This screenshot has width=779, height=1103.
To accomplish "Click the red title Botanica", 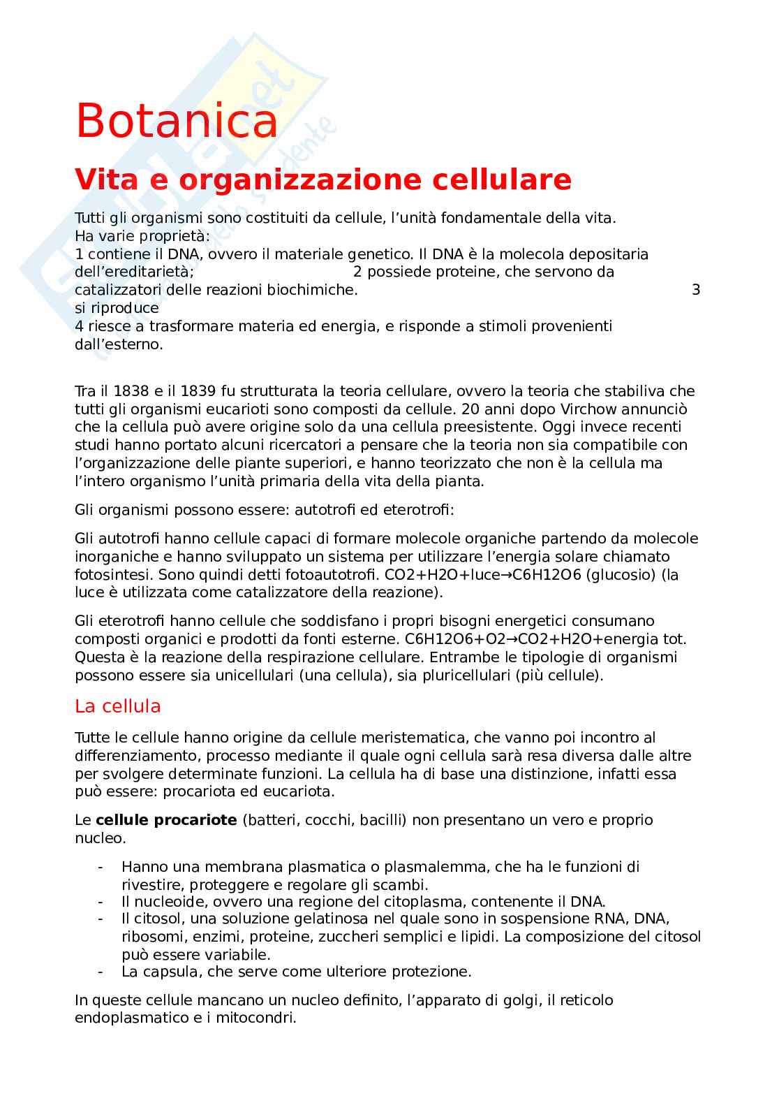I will tap(177, 120).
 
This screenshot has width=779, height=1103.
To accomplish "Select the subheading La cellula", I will tap(117, 706).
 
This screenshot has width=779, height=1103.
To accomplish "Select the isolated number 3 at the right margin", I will tap(695, 290).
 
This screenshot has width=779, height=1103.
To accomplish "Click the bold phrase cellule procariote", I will tap(166, 820).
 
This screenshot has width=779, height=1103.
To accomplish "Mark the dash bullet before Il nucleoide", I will tap(101, 902).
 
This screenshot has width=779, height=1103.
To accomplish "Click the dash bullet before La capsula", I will tap(101, 972).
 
